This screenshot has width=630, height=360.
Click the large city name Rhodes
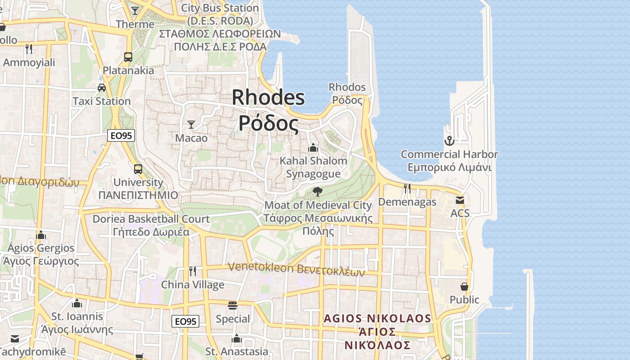[268, 98]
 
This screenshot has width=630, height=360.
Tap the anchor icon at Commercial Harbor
[449, 141]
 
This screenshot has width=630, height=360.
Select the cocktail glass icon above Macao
[191, 124]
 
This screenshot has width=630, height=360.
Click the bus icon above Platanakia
[128, 57]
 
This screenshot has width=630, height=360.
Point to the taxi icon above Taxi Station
[102, 88]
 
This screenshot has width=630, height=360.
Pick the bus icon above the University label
[138, 169]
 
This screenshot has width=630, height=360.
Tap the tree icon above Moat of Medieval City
[318, 192]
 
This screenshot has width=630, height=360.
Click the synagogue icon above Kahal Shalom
[313, 148]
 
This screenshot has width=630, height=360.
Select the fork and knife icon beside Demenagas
[407, 189]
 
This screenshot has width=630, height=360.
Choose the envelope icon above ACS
[459, 200]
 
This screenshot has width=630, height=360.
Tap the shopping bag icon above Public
[464, 287]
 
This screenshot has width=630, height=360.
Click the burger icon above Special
[233, 306]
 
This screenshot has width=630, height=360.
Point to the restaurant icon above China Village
[193, 271]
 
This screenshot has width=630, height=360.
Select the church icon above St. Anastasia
[237, 338]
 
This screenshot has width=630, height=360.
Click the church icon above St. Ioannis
[77, 303]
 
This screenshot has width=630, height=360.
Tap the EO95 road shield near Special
[185, 321]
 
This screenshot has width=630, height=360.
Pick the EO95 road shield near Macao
[121, 135]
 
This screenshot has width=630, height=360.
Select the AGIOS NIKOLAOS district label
[377, 319]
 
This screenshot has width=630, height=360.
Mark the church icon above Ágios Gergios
[41, 235]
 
